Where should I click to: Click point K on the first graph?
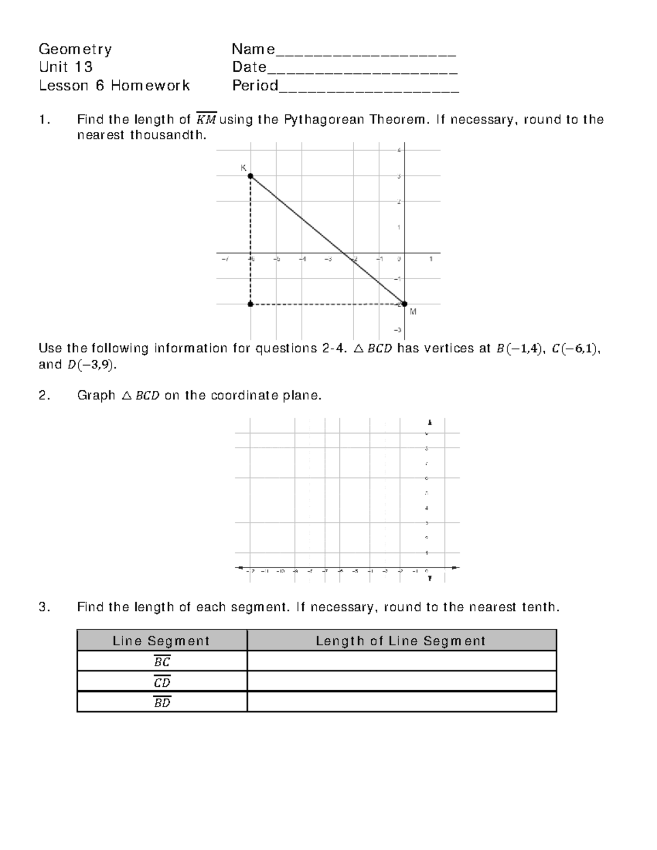(x=250, y=176)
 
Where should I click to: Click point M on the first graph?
(x=405, y=304)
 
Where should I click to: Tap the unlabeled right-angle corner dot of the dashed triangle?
(x=250, y=304)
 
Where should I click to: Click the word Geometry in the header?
(x=75, y=49)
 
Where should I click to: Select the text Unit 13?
(x=66, y=67)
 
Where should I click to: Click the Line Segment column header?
(x=162, y=641)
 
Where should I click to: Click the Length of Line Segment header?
(x=401, y=641)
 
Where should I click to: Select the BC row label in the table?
(x=162, y=661)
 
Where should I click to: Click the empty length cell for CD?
(x=401, y=681)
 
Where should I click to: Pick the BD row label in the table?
(x=162, y=702)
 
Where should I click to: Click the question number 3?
(x=44, y=607)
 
